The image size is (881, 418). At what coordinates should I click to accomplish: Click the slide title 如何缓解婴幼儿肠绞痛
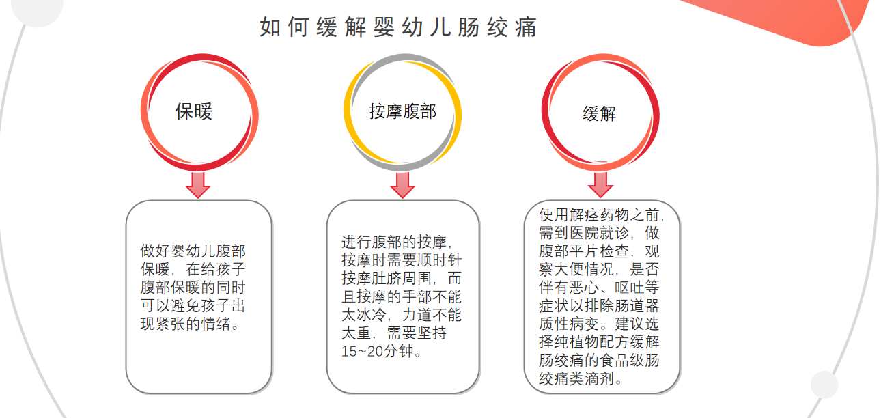pos(398,27)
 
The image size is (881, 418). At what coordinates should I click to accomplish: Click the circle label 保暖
pos(194,111)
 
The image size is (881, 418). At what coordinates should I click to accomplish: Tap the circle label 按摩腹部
pos(402,111)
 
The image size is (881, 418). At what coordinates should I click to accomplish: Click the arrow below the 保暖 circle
pos(198,184)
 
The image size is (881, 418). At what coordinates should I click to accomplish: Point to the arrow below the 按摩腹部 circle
pos(402,184)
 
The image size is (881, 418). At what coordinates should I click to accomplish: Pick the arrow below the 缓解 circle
pos(600,184)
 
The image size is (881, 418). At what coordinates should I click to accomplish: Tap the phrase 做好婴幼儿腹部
pos(193,252)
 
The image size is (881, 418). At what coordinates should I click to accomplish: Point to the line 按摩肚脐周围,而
pos(402,279)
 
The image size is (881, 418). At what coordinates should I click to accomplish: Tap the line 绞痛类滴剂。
pos(581,378)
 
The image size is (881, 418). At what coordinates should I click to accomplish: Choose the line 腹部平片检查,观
pos(599,251)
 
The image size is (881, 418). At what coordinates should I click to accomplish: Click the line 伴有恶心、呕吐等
pos(599,287)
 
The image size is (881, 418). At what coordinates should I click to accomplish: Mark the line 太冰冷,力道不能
pos(402,315)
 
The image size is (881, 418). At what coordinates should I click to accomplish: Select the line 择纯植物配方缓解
pos(599,342)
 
